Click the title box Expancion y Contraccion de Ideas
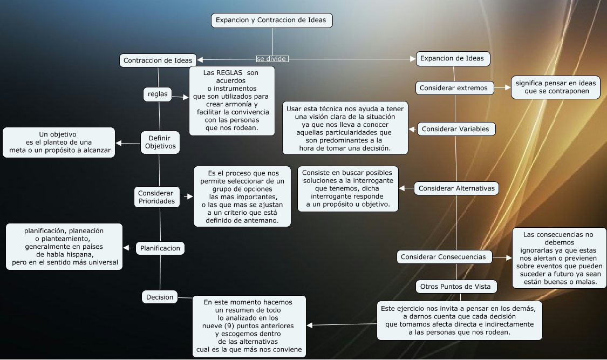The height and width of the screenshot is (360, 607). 271,21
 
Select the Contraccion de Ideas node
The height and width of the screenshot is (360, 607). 158,60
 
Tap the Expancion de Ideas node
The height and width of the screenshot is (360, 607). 452,58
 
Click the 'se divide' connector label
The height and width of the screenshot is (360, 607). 272,58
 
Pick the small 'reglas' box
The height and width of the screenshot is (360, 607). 158,94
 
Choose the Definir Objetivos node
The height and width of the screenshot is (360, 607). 159,142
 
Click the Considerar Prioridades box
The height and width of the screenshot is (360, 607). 156,197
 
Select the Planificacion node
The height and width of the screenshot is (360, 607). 160,248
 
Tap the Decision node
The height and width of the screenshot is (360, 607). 160,297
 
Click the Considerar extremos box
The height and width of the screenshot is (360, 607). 453,87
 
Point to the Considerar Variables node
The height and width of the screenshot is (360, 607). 455,129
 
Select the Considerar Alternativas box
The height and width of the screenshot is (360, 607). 456,188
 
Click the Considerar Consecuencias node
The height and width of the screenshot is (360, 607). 443,257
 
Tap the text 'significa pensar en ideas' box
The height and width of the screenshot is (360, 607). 556,87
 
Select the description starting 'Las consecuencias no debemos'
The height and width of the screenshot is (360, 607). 558,258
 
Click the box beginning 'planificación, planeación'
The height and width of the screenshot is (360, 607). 64,247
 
